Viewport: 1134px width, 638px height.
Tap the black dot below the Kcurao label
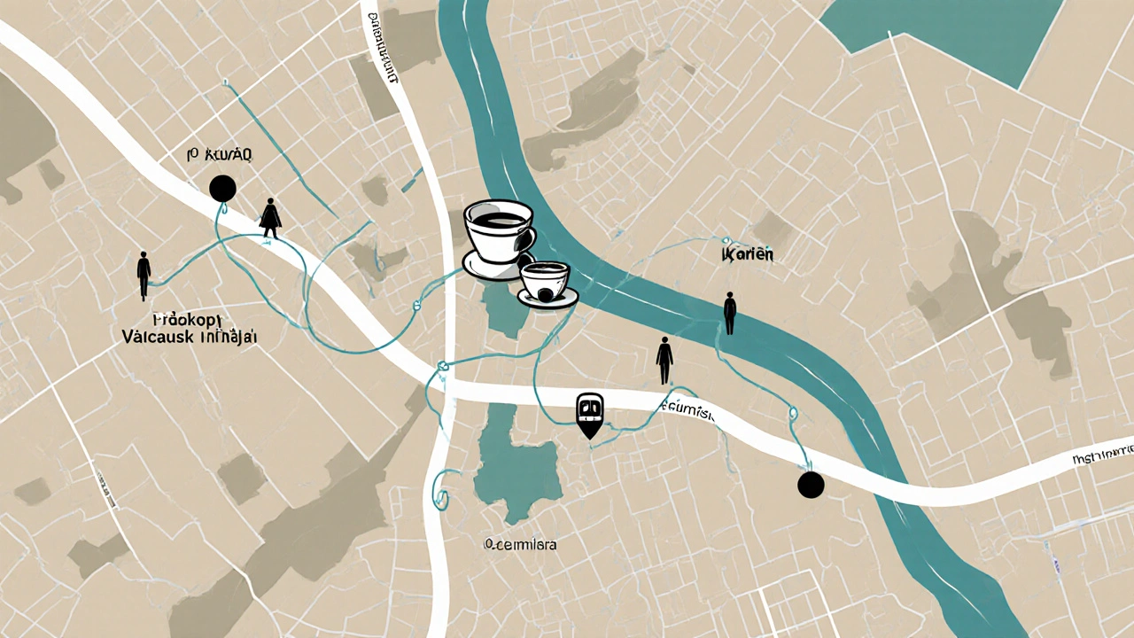point(222,187)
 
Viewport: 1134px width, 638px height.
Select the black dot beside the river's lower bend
point(810,485)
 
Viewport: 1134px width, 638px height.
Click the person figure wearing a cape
point(269,218)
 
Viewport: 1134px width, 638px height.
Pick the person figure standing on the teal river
point(729,313)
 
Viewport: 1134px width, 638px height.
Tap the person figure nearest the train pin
point(664,359)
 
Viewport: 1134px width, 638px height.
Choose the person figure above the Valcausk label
point(144,274)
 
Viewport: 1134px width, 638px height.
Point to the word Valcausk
point(157,336)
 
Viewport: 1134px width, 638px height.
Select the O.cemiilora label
point(521,545)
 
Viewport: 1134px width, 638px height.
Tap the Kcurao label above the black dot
point(221,155)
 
